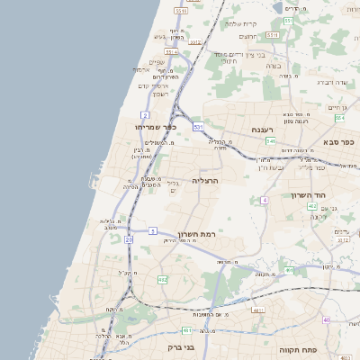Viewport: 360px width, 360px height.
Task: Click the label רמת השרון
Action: [x=199, y=230]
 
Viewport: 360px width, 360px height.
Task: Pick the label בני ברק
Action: [x=182, y=346]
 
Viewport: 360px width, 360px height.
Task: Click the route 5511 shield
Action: [x=182, y=10]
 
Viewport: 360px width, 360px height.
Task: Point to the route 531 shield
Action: [x=198, y=128]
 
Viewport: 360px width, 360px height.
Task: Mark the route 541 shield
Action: [x=270, y=140]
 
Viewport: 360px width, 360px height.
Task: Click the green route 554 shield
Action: [x=339, y=118]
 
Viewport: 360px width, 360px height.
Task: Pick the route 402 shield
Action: [x=311, y=206]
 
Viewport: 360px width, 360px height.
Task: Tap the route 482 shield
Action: [x=162, y=280]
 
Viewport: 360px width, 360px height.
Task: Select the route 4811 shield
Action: [x=258, y=310]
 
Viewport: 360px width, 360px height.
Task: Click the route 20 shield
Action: [x=129, y=240]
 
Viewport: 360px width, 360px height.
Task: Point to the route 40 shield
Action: [x=327, y=320]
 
